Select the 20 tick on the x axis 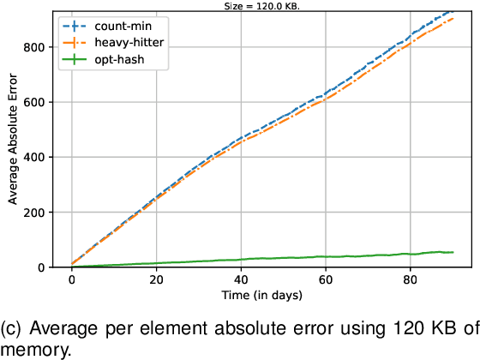click(156, 279)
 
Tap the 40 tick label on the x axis click(241, 279)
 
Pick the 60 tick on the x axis click(326, 279)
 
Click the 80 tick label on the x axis click(411, 279)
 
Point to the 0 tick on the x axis click(72, 279)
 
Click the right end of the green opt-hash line click(453, 252)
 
